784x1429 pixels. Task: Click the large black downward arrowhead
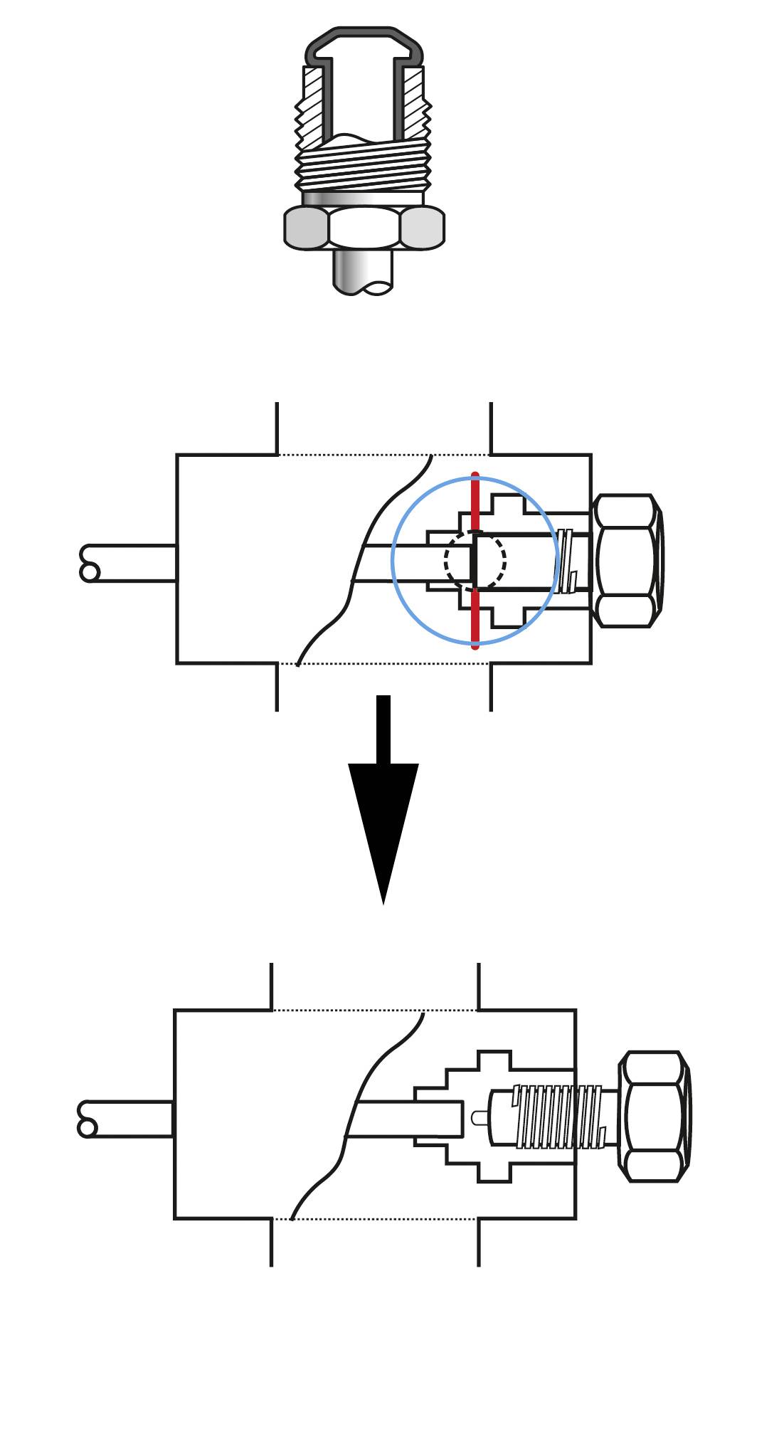[x=383, y=818]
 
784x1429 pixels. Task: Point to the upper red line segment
[x=475, y=502]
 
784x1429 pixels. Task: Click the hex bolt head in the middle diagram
[x=626, y=561]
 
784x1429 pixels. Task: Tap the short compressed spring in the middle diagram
[x=566, y=561]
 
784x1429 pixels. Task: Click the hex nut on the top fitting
[x=364, y=228]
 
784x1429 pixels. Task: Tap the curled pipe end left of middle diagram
[x=90, y=563]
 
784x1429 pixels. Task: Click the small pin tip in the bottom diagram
[x=478, y=1118]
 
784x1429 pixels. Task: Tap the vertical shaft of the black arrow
[x=383, y=729]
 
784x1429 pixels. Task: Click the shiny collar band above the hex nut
[x=364, y=199]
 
